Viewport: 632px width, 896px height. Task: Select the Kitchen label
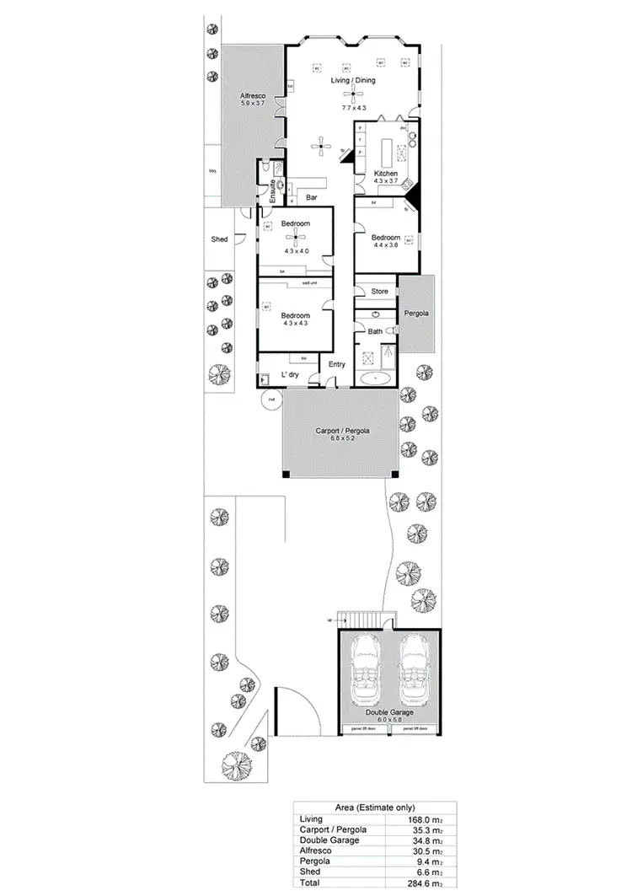(386, 174)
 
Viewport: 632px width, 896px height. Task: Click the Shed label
(219, 240)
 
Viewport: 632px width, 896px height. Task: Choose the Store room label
(380, 291)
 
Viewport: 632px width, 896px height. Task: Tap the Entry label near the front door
(337, 364)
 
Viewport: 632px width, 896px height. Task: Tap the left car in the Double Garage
(367, 672)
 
